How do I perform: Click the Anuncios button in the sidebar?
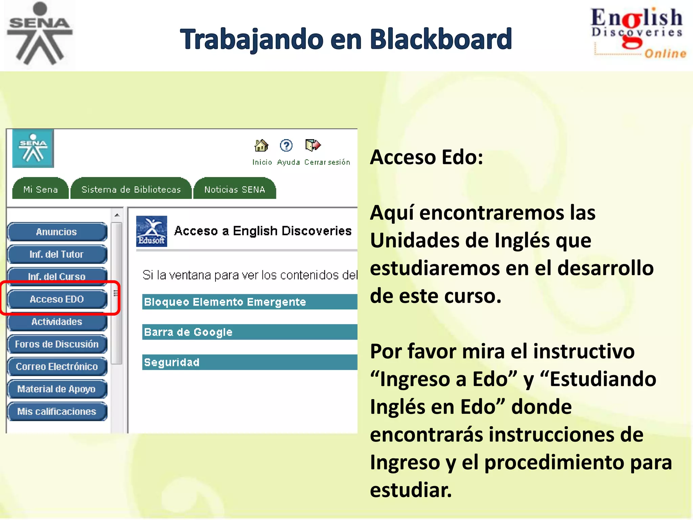coord(57,232)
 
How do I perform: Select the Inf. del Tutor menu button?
coord(57,254)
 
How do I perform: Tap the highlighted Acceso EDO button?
coord(57,299)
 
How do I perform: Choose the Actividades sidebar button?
coord(57,322)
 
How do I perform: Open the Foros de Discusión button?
coord(57,344)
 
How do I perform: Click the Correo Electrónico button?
coord(57,367)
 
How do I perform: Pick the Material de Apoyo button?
coord(57,389)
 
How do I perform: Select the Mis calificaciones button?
coord(57,411)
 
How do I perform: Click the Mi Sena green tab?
coord(41,189)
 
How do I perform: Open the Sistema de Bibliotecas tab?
coord(131,189)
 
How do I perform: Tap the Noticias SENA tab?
coord(234,189)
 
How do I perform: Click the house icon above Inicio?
coord(261,146)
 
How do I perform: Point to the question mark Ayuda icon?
coord(286,146)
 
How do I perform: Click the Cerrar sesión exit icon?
coord(313,145)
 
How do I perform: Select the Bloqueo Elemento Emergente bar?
coord(249,302)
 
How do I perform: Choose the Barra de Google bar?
coord(249,332)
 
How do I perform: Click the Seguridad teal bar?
coord(249,362)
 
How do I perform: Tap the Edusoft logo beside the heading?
coord(151,231)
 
